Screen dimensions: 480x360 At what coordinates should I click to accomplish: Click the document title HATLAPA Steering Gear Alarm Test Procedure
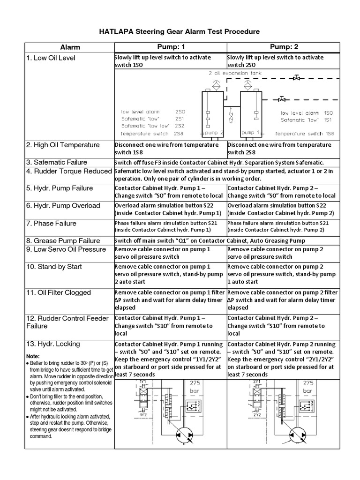tap(179, 31)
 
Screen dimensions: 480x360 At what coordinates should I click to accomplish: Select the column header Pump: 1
tap(170, 47)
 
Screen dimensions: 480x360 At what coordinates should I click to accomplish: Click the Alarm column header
tap(70, 47)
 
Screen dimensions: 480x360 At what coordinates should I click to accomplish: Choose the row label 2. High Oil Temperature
tap(63, 145)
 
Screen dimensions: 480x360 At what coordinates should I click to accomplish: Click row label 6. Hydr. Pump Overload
tap(63, 206)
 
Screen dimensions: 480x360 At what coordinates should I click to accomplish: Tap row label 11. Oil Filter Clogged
tap(59, 292)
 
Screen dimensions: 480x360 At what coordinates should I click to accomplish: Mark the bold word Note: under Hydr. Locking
tap(33, 356)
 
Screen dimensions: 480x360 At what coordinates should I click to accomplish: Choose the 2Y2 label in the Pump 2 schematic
tap(257, 415)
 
